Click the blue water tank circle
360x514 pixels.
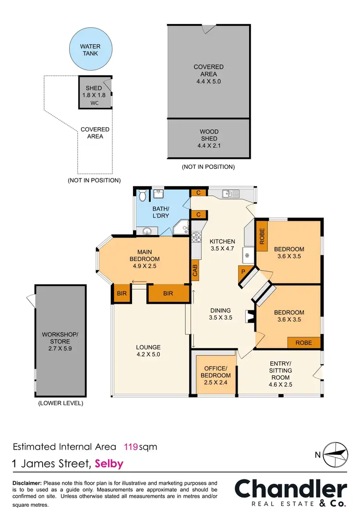[x=90, y=50]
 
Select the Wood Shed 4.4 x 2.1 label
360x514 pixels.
[x=209, y=139]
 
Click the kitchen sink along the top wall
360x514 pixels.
[x=231, y=193]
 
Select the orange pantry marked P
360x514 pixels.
[x=243, y=273]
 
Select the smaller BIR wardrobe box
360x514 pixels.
[x=121, y=294]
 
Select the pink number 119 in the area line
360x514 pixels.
[x=131, y=447]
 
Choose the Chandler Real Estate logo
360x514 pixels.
[x=290, y=493]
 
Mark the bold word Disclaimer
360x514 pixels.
[x=26, y=483]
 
